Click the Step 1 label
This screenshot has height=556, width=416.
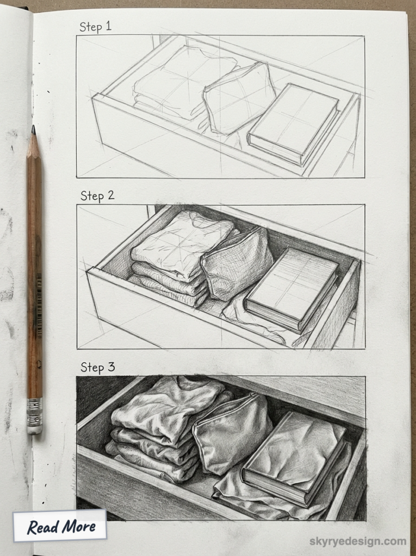[x=95, y=26]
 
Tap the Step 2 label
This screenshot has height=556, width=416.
[x=97, y=196]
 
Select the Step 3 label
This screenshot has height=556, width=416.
[x=98, y=367]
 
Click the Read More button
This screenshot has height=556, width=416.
[x=60, y=526]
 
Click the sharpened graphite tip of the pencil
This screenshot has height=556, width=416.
[x=34, y=130]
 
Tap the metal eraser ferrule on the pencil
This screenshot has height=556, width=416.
[x=35, y=416]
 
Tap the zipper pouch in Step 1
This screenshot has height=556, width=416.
[x=239, y=98]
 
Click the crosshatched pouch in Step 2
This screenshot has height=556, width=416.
[x=237, y=263]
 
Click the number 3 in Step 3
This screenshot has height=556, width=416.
[x=111, y=367]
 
